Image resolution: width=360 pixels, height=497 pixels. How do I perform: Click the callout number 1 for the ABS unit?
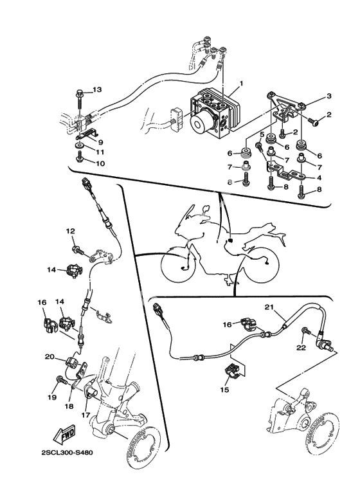click(241, 84)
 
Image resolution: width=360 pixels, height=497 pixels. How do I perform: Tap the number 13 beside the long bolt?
click(97, 90)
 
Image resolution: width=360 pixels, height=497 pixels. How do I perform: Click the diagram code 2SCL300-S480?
click(67, 452)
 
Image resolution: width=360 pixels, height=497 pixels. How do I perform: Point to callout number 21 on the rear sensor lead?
click(269, 307)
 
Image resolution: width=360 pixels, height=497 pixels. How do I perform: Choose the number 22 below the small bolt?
click(301, 348)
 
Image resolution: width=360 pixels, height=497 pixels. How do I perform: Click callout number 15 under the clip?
click(224, 390)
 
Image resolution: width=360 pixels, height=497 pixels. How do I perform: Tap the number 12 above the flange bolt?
click(70, 231)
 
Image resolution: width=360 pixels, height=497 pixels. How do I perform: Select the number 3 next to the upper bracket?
click(329, 96)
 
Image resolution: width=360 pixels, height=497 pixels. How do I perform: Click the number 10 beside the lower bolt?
click(100, 163)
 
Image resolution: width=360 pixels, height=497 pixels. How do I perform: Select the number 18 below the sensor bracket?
click(69, 406)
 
